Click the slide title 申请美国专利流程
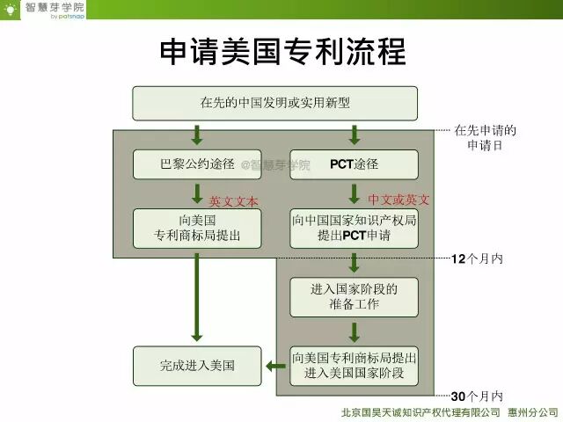click(282, 52)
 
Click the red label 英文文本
click(233, 201)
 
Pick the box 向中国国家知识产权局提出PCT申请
click(354, 228)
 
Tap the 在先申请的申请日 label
click(485, 138)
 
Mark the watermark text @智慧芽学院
click(275, 165)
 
